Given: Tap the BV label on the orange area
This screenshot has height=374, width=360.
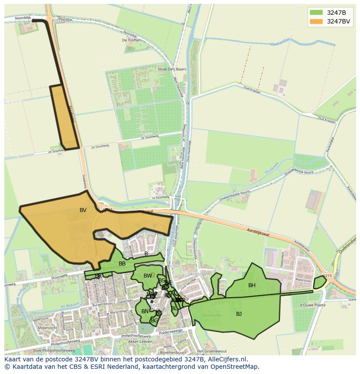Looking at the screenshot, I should coord(83,210).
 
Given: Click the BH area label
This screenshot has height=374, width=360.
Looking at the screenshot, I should coord(252,285).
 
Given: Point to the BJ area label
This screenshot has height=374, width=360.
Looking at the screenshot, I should coord(239,314).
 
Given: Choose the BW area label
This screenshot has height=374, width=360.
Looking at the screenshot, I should coord(147,276).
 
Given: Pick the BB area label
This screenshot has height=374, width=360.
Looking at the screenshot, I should coord(122,264).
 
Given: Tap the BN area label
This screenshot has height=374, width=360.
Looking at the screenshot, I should coord(145,311).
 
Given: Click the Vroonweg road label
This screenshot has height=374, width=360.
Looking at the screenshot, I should coord(60,276).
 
